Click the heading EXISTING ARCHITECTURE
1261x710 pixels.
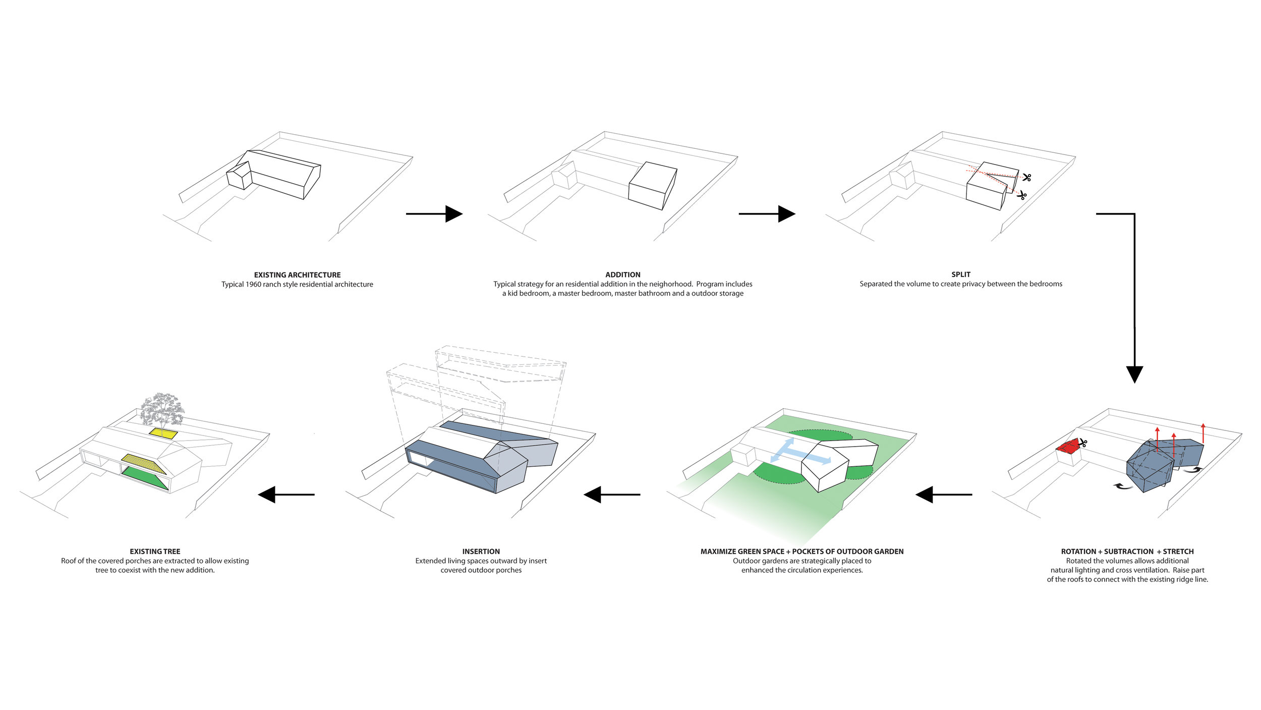[x=297, y=275]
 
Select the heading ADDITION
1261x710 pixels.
[x=622, y=275]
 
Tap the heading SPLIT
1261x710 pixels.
[x=960, y=275]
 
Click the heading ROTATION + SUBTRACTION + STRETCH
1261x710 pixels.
[x=1127, y=552]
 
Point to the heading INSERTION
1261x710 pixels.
[x=481, y=552]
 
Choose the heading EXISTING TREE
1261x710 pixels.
[x=155, y=552]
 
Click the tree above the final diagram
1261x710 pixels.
[x=162, y=409]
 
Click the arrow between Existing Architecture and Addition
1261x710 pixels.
[x=434, y=214]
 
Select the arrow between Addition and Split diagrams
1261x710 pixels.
[x=767, y=214]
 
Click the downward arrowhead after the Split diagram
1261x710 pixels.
[x=1134, y=374]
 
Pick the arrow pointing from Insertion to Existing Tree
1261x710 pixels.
[x=286, y=495]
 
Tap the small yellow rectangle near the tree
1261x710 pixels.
[x=163, y=433]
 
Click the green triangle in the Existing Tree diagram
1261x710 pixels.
[x=145, y=478]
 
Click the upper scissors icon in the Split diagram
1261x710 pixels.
[x=1026, y=177]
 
